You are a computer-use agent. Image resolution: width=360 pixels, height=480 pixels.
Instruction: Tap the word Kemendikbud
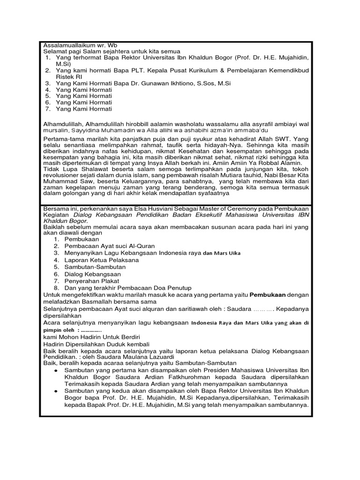coord(288,70)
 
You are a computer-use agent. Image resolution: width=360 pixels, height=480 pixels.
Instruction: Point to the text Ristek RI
coord(69,76)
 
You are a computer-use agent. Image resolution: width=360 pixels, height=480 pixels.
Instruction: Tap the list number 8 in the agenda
coord(56,287)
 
